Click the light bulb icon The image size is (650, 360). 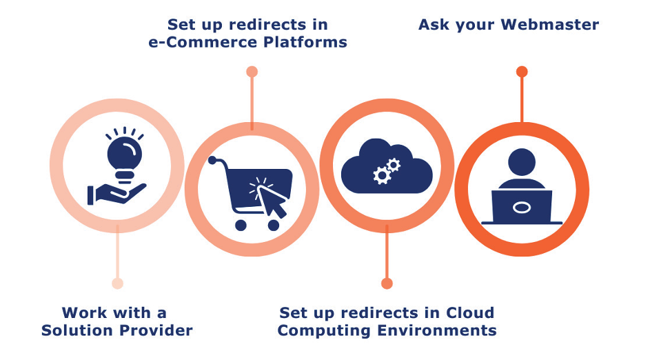(124, 155)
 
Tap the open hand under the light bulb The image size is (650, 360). (116, 194)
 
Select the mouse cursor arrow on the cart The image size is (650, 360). (271, 201)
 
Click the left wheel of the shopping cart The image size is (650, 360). (241, 226)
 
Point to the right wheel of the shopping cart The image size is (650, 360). (274, 226)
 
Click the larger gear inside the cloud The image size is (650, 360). (382, 175)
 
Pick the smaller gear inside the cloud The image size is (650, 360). (394, 165)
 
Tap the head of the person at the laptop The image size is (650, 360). (522, 163)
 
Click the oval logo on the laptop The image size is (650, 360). (522, 208)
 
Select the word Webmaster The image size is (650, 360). (549, 24)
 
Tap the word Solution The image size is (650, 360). (77, 330)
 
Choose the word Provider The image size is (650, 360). (156, 330)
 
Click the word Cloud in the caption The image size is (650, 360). (470, 312)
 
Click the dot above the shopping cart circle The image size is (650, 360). (252, 72)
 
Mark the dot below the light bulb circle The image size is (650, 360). (117, 283)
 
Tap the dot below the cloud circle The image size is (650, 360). (387, 283)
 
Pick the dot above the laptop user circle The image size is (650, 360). (522, 72)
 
